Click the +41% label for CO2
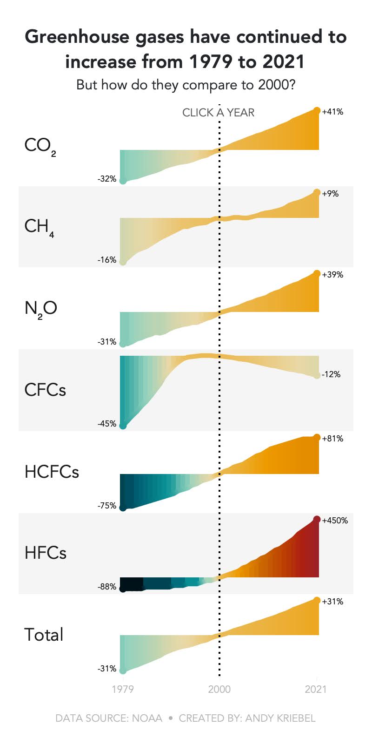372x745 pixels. pyautogui.click(x=332, y=112)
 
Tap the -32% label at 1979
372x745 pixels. pyautogui.click(x=107, y=179)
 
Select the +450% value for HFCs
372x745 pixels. pyautogui.click(x=335, y=521)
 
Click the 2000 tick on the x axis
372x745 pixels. pyautogui.click(x=219, y=689)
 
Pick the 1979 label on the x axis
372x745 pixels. pyautogui.click(x=123, y=689)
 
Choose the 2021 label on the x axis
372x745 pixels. pyautogui.click(x=316, y=689)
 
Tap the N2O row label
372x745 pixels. pyautogui.click(x=40, y=308)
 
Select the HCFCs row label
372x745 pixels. pyautogui.click(x=52, y=472)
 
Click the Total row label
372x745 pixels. pyautogui.click(x=44, y=635)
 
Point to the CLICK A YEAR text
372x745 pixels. pyautogui.click(x=218, y=113)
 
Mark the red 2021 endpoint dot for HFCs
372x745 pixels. pyautogui.click(x=317, y=520)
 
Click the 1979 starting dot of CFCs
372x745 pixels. pyautogui.click(x=123, y=426)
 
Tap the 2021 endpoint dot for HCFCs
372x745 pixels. pyautogui.click(x=317, y=438)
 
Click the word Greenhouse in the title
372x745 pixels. pyautogui.click(x=77, y=37)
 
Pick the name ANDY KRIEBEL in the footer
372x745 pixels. pyautogui.click(x=280, y=718)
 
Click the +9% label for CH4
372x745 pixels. pyautogui.click(x=330, y=194)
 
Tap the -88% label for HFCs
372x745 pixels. pyautogui.click(x=107, y=587)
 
